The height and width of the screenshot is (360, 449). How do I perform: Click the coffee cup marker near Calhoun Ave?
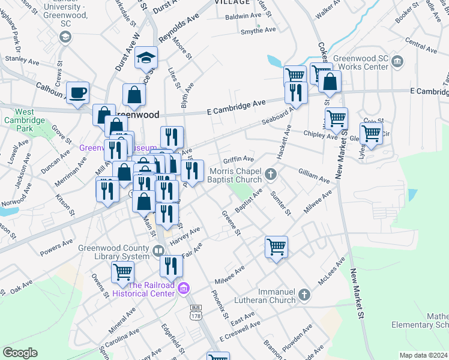pyautogui.click(x=77, y=94)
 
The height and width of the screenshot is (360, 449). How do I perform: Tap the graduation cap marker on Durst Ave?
pyautogui.click(x=145, y=58)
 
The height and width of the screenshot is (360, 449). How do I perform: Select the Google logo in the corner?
pyautogui.click(x=20, y=353)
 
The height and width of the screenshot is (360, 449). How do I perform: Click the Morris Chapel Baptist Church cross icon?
pyautogui.click(x=271, y=175)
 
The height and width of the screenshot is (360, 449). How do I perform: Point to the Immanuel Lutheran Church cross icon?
pyautogui.click(x=304, y=295)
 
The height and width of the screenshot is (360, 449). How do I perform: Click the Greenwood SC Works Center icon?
pyautogui.click(x=397, y=61)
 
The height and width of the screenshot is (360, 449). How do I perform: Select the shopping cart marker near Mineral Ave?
pyautogui.click(x=122, y=271)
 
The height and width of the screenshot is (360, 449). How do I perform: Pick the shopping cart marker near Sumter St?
pyautogui.click(x=276, y=246)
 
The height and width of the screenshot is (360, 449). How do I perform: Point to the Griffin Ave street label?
pyautogui.click(x=239, y=160)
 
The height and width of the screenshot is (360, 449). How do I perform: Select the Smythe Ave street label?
pyautogui.click(x=258, y=30)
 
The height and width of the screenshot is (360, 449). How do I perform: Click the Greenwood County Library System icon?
pyautogui.click(x=158, y=251)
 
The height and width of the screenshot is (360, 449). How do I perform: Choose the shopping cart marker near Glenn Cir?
pyautogui.click(x=372, y=134)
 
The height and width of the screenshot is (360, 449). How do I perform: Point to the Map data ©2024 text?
pyautogui.click(x=423, y=355)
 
